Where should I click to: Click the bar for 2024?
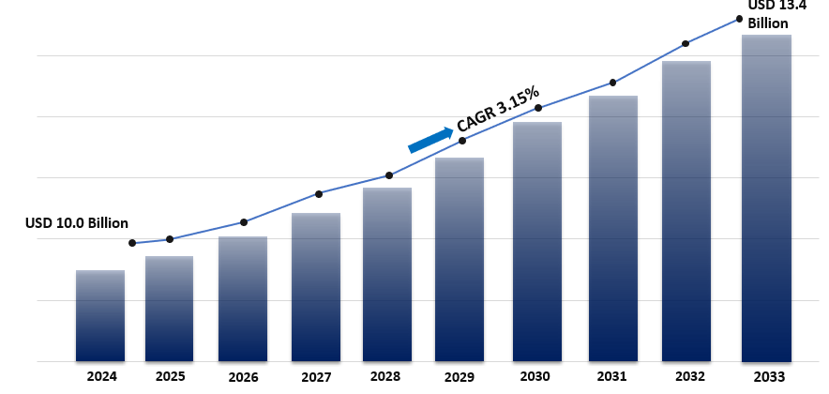(99, 315)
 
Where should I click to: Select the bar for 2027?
(315, 287)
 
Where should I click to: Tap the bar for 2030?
(537, 241)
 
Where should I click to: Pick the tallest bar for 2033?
(766, 198)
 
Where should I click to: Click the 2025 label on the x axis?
(170, 376)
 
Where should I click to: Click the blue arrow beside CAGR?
(430, 139)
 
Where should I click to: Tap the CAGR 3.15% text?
(498, 107)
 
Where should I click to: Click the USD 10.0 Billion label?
(76, 223)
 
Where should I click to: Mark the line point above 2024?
(132, 243)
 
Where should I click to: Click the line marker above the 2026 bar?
(244, 222)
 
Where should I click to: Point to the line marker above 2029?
(462, 141)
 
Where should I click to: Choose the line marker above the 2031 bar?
(612, 83)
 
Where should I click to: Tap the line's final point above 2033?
(739, 19)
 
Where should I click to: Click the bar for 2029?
(460, 259)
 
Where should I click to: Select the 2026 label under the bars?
(243, 377)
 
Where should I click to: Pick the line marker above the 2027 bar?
(319, 194)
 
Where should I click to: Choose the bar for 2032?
(686, 211)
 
